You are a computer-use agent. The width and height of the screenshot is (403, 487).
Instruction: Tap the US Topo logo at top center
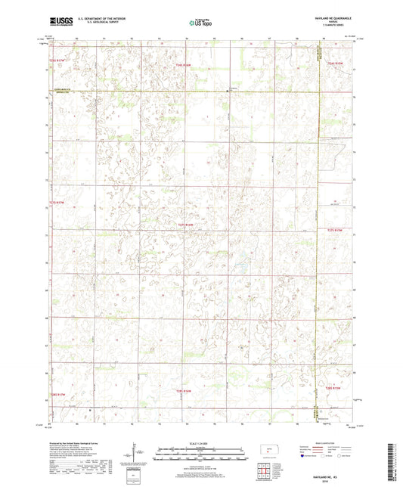coord(200,23)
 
